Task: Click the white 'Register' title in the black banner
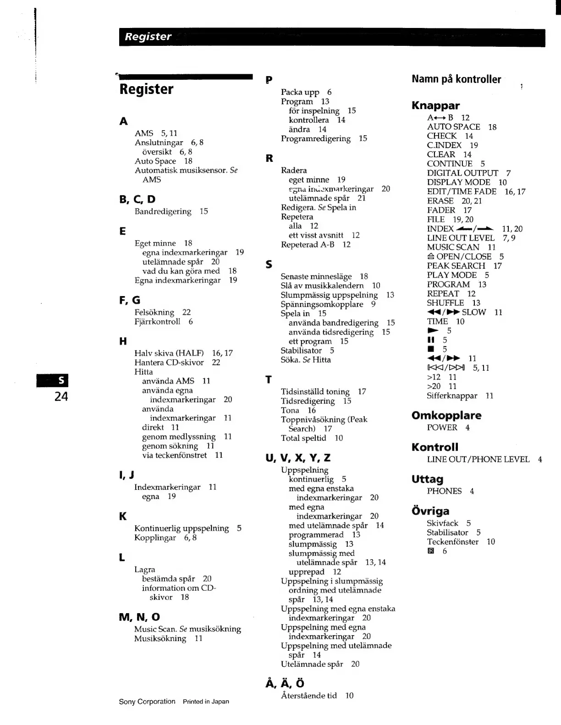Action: pos(148,37)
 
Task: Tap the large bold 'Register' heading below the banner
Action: pos(146,89)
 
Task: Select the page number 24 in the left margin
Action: pos(61,396)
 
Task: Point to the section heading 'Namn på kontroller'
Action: pos(456,79)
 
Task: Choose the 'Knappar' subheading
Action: pos(435,105)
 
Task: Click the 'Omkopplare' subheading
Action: pos(446,416)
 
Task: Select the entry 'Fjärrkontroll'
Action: pos(157,322)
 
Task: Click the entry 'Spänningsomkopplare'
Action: pos(322,304)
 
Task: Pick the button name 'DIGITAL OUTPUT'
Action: pos(462,173)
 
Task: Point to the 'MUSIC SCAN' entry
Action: pos(453,247)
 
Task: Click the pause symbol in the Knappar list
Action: pos(430,340)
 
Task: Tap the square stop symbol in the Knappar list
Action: pos(430,349)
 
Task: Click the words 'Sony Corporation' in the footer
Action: pos(147,702)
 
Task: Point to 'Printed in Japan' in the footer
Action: pos(206,702)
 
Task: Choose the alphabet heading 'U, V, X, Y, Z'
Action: pos(298,458)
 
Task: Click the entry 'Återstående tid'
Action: pos(308,696)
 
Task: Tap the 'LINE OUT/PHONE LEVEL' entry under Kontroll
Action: pos(478,459)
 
